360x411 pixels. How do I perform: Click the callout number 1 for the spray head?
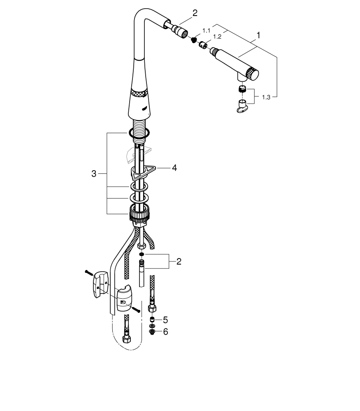tap(258, 36)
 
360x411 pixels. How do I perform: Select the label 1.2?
tap(217, 37)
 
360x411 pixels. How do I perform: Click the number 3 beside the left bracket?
tap(94, 174)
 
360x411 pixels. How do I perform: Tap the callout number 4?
tap(174, 168)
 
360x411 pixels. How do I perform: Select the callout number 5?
tap(165, 319)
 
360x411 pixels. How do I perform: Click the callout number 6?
tap(165, 331)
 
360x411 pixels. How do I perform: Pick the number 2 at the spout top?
tap(195, 13)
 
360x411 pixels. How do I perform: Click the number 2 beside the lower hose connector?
tap(179, 261)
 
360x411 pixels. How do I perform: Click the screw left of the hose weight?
tap(89, 272)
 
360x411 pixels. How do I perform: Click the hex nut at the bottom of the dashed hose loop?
tap(127, 340)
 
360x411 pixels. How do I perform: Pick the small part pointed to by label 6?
tap(152, 332)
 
